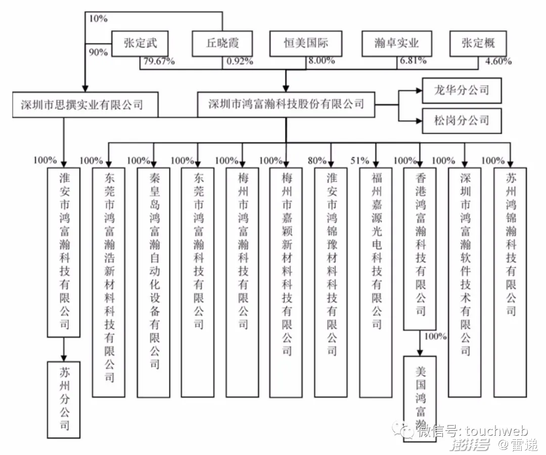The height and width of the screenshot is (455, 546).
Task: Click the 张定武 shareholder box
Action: (140, 44)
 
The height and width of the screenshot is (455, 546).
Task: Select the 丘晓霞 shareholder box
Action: (222, 44)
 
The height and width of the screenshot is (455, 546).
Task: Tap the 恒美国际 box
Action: (306, 44)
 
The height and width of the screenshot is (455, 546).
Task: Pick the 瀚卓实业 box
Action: (397, 44)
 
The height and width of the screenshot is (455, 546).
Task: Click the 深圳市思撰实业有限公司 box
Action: (82, 105)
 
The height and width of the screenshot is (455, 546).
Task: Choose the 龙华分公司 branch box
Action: (462, 91)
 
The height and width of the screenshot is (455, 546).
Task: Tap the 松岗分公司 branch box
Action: (462, 120)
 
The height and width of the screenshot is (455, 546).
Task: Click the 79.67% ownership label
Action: (159, 62)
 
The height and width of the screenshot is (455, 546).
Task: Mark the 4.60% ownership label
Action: (498, 62)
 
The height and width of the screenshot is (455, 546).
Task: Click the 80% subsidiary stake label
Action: (317, 161)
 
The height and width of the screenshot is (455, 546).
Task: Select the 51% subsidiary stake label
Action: (360, 161)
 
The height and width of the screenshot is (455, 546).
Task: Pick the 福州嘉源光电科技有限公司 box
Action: (376, 281)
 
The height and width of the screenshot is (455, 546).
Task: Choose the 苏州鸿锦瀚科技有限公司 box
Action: (510, 281)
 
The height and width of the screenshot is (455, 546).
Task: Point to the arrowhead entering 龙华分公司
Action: (418, 91)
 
